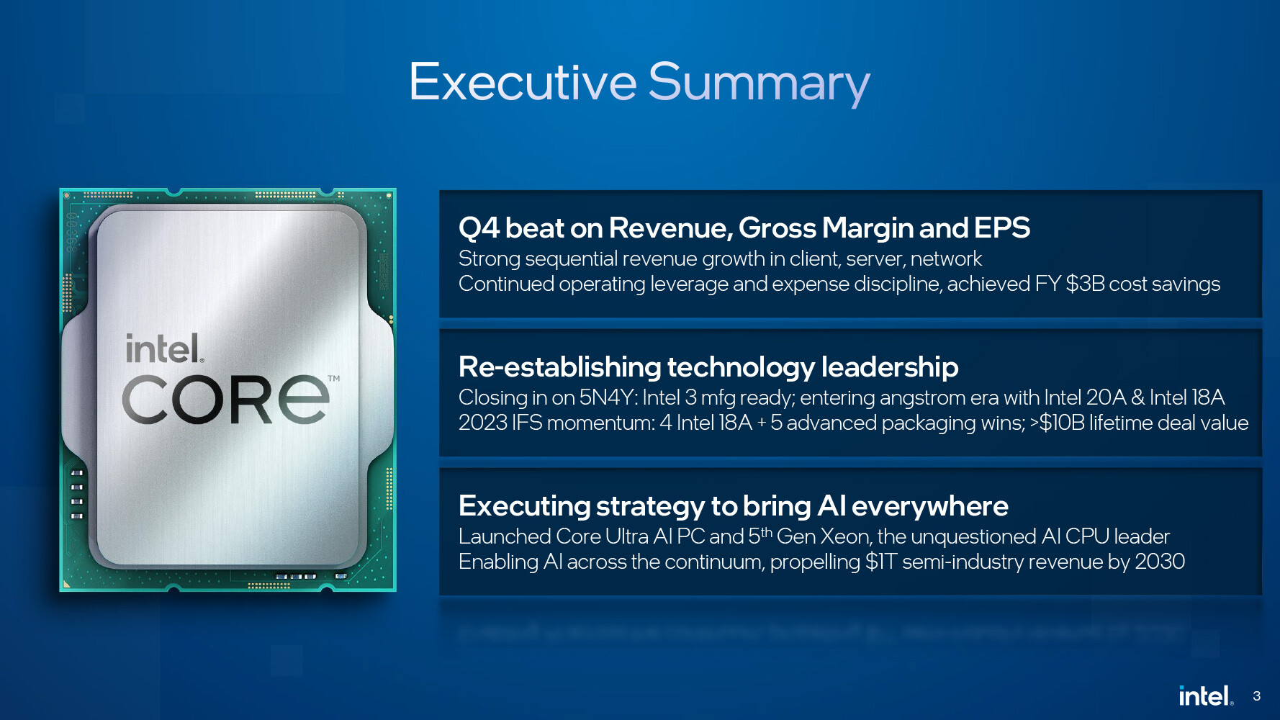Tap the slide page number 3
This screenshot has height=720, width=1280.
(x=1256, y=696)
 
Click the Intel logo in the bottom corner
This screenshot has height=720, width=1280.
(x=1206, y=696)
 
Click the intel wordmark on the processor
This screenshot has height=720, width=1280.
(x=164, y=349)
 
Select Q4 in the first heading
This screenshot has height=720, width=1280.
(x=479, y=228)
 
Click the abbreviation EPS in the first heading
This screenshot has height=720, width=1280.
(x=1002, y=228)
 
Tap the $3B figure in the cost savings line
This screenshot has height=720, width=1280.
(x=1085, y=284)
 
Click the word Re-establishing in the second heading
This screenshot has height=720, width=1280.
(x=559, y=367)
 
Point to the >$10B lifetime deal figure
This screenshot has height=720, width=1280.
(x=1057, y=423)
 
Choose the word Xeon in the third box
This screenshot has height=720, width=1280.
(x=844, y=536)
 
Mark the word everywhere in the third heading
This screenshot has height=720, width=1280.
(x=930, y=506)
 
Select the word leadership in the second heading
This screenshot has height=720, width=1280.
(x=890, y=367)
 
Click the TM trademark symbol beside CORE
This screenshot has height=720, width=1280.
(x=334, y=378)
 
